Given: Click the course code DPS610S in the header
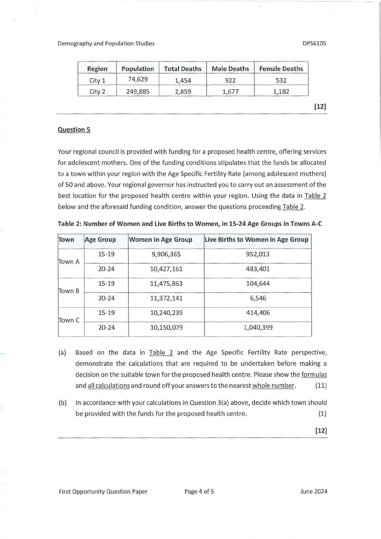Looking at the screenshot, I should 314,44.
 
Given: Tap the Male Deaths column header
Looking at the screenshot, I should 228,69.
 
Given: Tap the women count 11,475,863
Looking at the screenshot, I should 166,284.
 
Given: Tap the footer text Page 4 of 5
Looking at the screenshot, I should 199,491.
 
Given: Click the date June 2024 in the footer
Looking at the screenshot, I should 313,491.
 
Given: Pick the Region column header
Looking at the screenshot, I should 96,69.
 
